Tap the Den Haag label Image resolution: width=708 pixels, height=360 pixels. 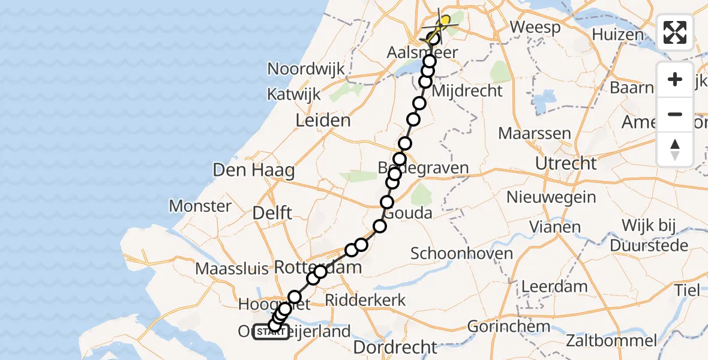(x=254, y=170)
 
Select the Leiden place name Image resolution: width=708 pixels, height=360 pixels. (x=323, y=121)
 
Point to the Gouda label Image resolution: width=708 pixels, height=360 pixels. (x=408, y=214)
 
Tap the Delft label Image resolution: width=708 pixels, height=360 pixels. (x=272, y=212)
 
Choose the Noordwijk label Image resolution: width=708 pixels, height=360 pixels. (x=306, y=69)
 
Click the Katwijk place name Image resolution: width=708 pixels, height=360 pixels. (x=294, y=94)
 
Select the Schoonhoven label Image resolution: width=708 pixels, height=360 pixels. (x=461, y=253)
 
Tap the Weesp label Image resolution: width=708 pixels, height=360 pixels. (x=535, y=28)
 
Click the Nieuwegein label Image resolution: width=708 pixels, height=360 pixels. (x=551, y=197)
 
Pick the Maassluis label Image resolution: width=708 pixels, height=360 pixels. (x=232, y=268)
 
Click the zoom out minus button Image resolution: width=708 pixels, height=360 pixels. (x=675, y=114)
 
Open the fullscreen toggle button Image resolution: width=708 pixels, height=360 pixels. (x=675, y=33)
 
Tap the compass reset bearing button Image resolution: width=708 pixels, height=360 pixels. (x=675, y=149)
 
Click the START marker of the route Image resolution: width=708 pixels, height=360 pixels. (x=271, y=332)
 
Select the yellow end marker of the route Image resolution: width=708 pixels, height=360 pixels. (x=443, y=22)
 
